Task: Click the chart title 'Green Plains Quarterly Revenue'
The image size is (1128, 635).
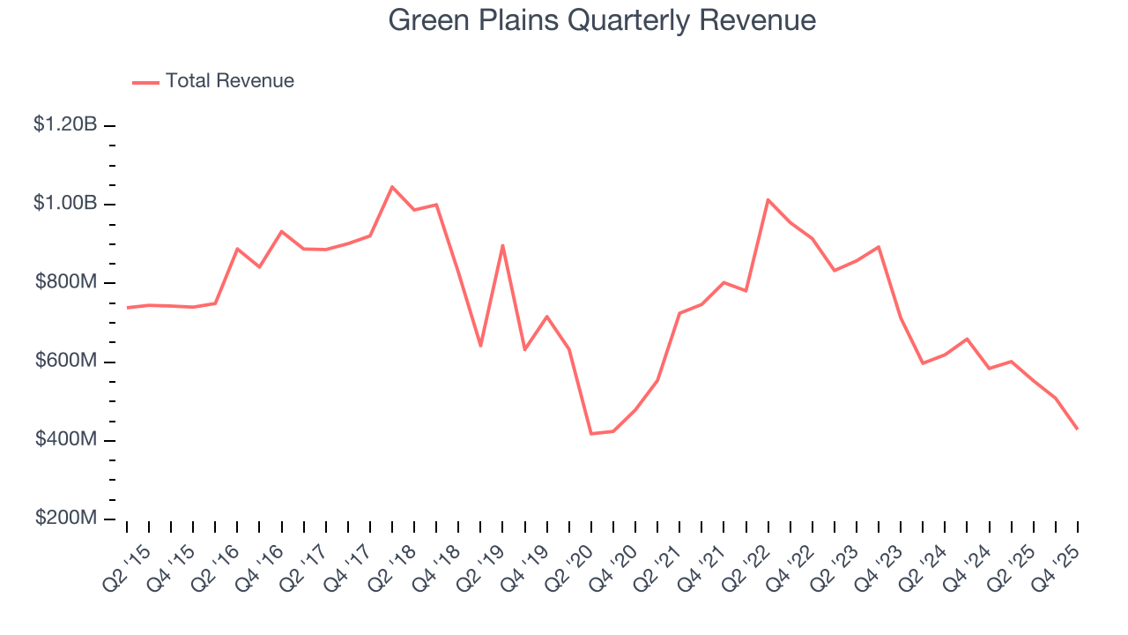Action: pos(603,20)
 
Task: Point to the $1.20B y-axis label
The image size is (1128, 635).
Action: pos(65,125)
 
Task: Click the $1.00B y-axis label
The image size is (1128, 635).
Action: pos(65,204)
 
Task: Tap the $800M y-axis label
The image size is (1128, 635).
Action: pos(67,282)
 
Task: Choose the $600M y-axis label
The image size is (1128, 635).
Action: pos(67,362)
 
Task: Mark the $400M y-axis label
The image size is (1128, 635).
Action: pos(67,440)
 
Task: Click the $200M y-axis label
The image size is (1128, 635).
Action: pos(67,519)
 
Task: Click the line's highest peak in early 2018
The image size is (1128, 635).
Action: pos(392,187)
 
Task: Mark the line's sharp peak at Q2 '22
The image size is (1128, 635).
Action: pos(768,200)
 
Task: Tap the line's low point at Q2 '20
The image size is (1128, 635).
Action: pos(591,433)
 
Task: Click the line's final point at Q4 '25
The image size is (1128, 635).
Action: pos(1077,429)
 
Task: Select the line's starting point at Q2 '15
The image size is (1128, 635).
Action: pos(128,308)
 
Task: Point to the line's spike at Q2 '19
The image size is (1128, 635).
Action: pos(502,245)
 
